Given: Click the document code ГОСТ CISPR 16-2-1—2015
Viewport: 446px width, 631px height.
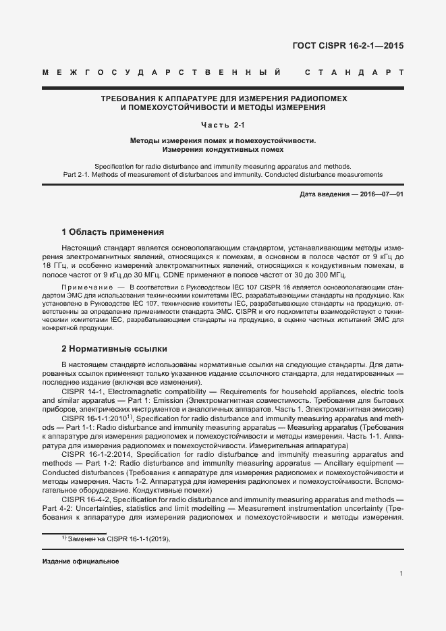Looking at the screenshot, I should [x=348, y=47].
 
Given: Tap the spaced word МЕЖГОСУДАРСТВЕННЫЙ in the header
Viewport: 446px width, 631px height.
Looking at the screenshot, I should [x=161, y=72].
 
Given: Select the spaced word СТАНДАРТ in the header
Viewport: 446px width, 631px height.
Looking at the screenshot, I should [x=354, y=72].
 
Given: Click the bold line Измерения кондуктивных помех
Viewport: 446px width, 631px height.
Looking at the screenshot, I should [x=223, y=149].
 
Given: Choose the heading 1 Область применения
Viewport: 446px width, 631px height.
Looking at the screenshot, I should [x=113, y=232].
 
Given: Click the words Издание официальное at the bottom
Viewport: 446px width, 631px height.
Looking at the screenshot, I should [x=80, y=561].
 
